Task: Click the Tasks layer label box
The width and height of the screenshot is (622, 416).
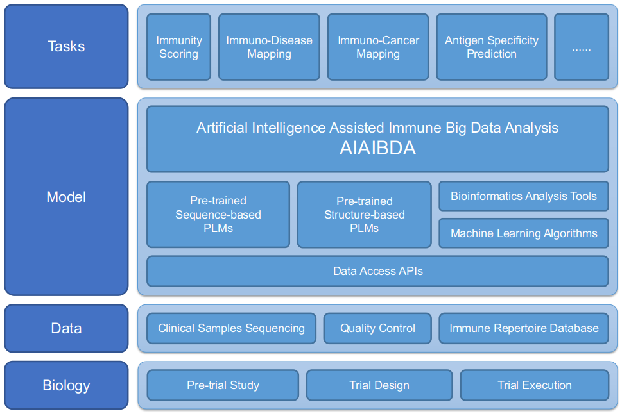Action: (66, 46)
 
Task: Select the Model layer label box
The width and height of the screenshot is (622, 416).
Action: (66, 197)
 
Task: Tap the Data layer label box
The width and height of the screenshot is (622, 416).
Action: (66, 328)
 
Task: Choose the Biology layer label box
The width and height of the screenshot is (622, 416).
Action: (66, 385)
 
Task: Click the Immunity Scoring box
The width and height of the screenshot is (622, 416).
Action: (179, 47)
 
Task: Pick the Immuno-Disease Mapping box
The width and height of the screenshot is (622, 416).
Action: (270, 47)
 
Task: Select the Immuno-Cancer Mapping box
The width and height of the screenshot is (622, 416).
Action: (378, 47)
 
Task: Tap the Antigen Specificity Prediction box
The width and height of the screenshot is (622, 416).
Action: (492, 47)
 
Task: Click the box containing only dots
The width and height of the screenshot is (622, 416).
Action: (582, 47)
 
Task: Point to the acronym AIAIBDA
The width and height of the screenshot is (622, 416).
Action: (377, 148)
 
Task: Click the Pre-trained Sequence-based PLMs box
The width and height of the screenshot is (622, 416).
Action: (218, 214)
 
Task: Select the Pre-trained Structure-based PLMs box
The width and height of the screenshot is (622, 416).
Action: (364, 214)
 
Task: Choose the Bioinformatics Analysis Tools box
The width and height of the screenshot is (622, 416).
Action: (524, 196)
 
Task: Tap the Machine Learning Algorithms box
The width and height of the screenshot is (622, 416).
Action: (524, 233)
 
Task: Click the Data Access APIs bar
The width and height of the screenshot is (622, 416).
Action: (377, 271)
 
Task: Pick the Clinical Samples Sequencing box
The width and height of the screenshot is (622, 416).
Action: (231, 328)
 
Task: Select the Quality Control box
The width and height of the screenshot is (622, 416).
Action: (377, 328)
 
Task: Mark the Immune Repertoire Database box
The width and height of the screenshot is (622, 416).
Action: (524, 328)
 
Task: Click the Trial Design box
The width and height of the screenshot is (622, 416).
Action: (379, 385)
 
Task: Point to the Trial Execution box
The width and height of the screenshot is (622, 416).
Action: (534, 385)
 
